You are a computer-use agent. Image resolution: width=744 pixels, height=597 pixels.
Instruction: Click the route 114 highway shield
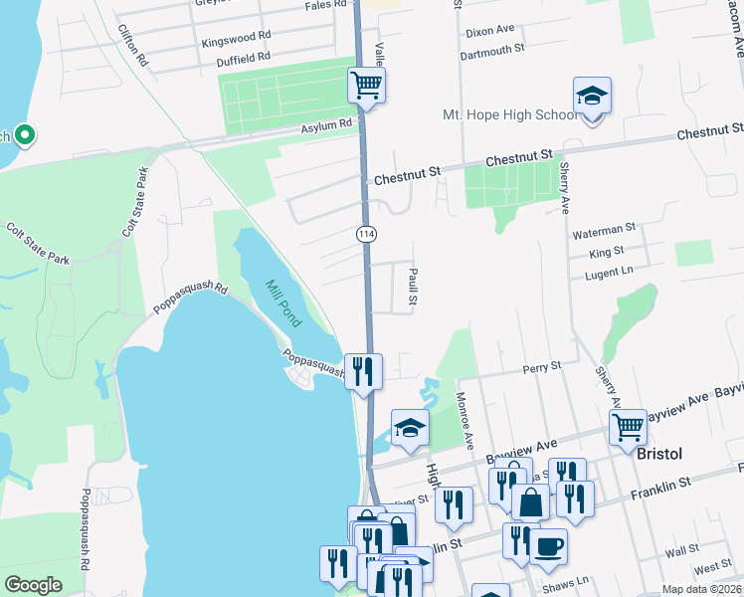click(366, 232)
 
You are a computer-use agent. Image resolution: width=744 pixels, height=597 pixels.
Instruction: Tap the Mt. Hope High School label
click(509, 115)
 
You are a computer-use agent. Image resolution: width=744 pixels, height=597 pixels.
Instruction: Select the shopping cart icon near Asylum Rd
click(367, 86)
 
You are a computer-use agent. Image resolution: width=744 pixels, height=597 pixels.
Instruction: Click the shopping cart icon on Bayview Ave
click(628, 427)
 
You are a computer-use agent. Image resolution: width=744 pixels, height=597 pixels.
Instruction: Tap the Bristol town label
click(659, 453)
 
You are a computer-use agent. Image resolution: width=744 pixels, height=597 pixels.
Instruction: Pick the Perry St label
click(542, 367)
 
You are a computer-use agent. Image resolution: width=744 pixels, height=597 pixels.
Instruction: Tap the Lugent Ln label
click(609, 271)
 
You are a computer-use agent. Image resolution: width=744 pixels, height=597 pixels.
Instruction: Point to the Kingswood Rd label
click(236, 38)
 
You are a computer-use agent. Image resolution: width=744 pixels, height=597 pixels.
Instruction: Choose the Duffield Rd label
click(243, 58)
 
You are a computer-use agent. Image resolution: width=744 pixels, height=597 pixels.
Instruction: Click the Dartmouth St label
click(494, 49)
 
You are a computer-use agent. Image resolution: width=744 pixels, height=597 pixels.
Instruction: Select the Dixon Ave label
click(488, 32)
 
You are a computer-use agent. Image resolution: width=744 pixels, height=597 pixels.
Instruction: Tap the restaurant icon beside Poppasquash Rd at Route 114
click(363, 372)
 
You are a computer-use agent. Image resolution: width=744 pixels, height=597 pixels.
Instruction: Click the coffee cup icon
click(547, 545)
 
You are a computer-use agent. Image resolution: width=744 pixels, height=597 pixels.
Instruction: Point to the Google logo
click(33, 584)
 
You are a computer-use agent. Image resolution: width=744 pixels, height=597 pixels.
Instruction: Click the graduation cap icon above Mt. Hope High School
click(592, 97)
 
